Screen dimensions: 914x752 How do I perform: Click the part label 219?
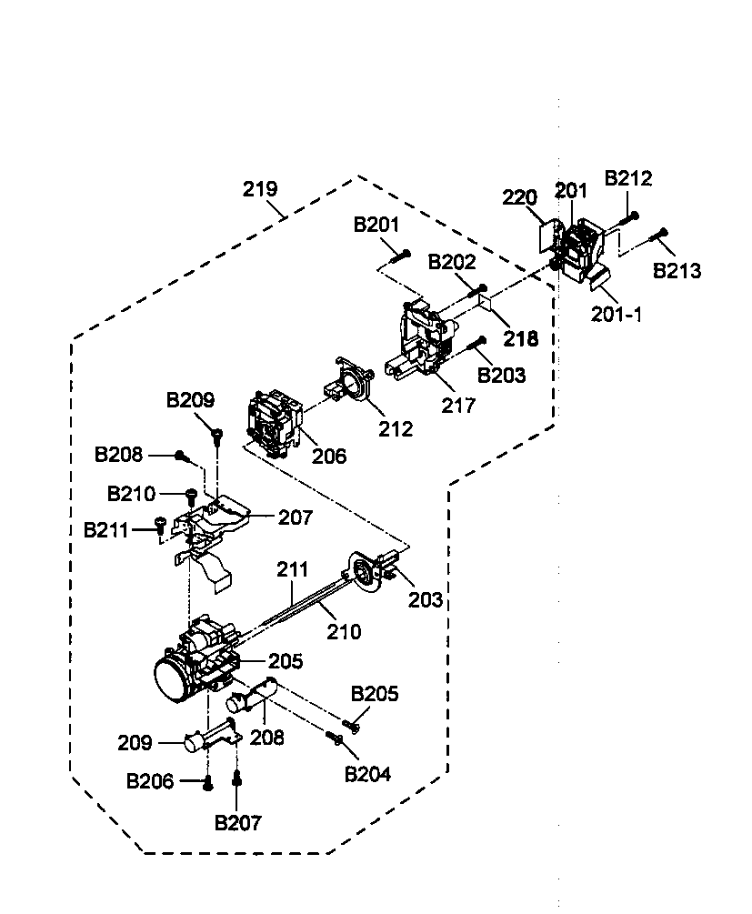(260, 190)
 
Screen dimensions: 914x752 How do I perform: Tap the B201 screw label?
(376, 226)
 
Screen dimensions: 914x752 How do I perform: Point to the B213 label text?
(677, 270)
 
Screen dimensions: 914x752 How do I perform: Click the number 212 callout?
(396, 427)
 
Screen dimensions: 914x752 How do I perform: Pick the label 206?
(329, 456)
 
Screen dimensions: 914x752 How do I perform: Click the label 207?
(295, 517)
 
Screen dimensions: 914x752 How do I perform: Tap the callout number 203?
(426, 599)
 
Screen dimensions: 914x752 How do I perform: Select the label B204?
(367, 774)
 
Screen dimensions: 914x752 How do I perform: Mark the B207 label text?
(237, 823)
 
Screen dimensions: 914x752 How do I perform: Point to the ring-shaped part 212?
(349, 383)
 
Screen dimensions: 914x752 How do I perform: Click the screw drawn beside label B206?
(207, 780)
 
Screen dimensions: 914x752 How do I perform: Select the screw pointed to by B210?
(191, 496)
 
